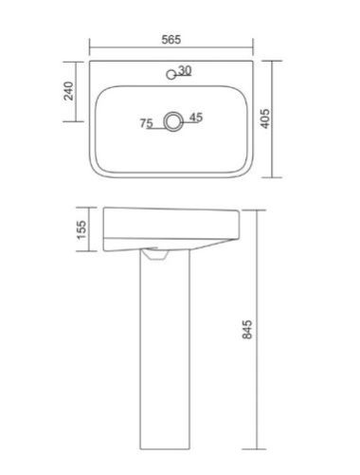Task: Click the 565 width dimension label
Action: [x=171, y=40]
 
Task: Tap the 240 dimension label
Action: [x=68, y=91]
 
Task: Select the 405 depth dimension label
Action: [x=265, y=119]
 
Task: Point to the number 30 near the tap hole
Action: [x=185, y=70]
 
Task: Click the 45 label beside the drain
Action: [x=196, y=118]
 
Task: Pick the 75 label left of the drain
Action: [x=147, y=123]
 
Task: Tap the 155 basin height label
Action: [x=81, y=229]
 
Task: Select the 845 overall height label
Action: [x=247, y=330]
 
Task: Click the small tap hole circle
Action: [x=171, y=75]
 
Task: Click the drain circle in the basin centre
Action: [x=173, y=121]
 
